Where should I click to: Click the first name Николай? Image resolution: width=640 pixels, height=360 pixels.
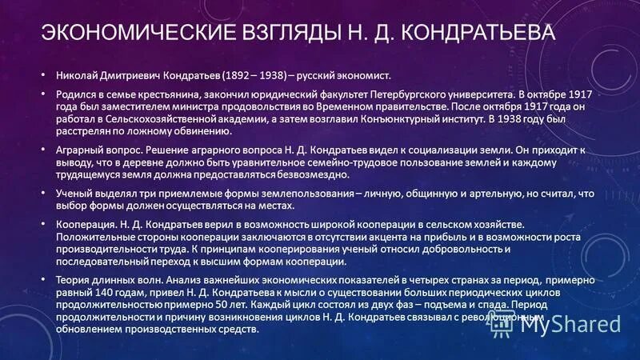[77, 76]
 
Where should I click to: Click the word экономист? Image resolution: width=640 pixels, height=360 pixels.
[359, 76]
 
